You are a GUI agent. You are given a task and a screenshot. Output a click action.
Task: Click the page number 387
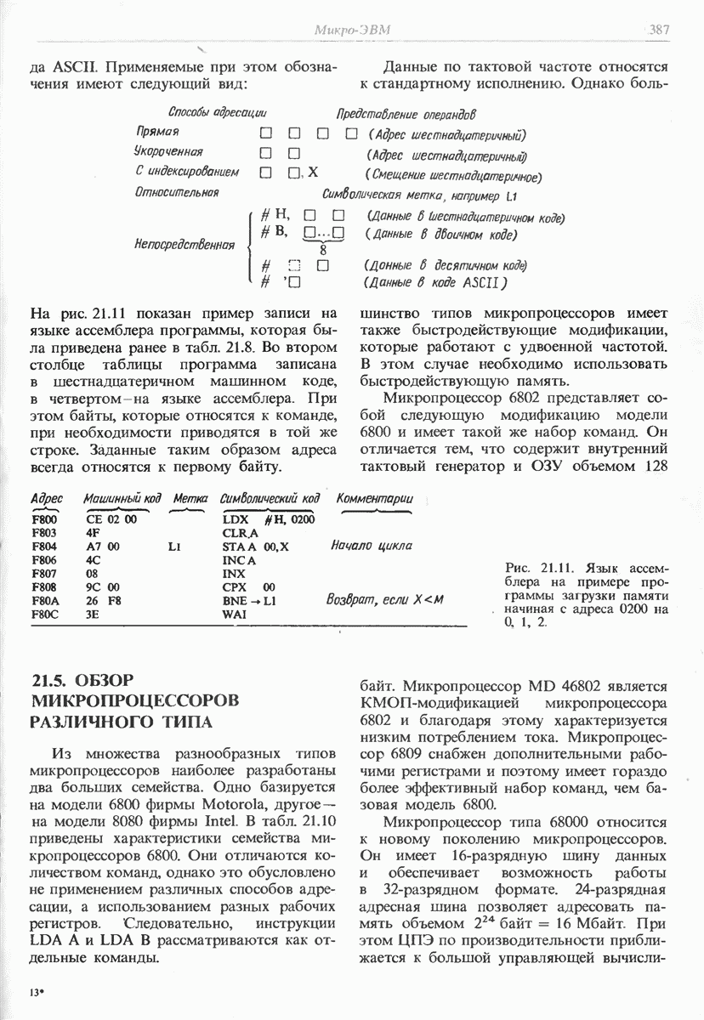point(660,30)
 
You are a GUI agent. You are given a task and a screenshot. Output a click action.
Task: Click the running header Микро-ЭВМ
point(352,31)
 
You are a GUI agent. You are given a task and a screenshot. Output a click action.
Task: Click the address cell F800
point(43,519)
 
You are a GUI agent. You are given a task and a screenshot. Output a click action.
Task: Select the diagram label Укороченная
point(168,152)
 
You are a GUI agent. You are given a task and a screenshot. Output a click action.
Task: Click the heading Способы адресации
point(218,112)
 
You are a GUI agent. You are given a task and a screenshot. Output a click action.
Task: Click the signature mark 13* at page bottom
point(36,993)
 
